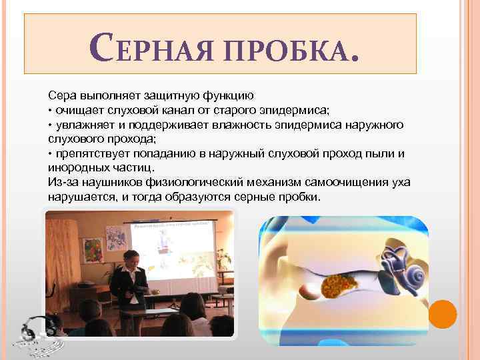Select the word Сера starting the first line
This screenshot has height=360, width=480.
60,95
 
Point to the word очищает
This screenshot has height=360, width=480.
77,110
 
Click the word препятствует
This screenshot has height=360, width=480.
90,154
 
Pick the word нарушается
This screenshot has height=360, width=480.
77,198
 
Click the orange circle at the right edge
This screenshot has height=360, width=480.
442,313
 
